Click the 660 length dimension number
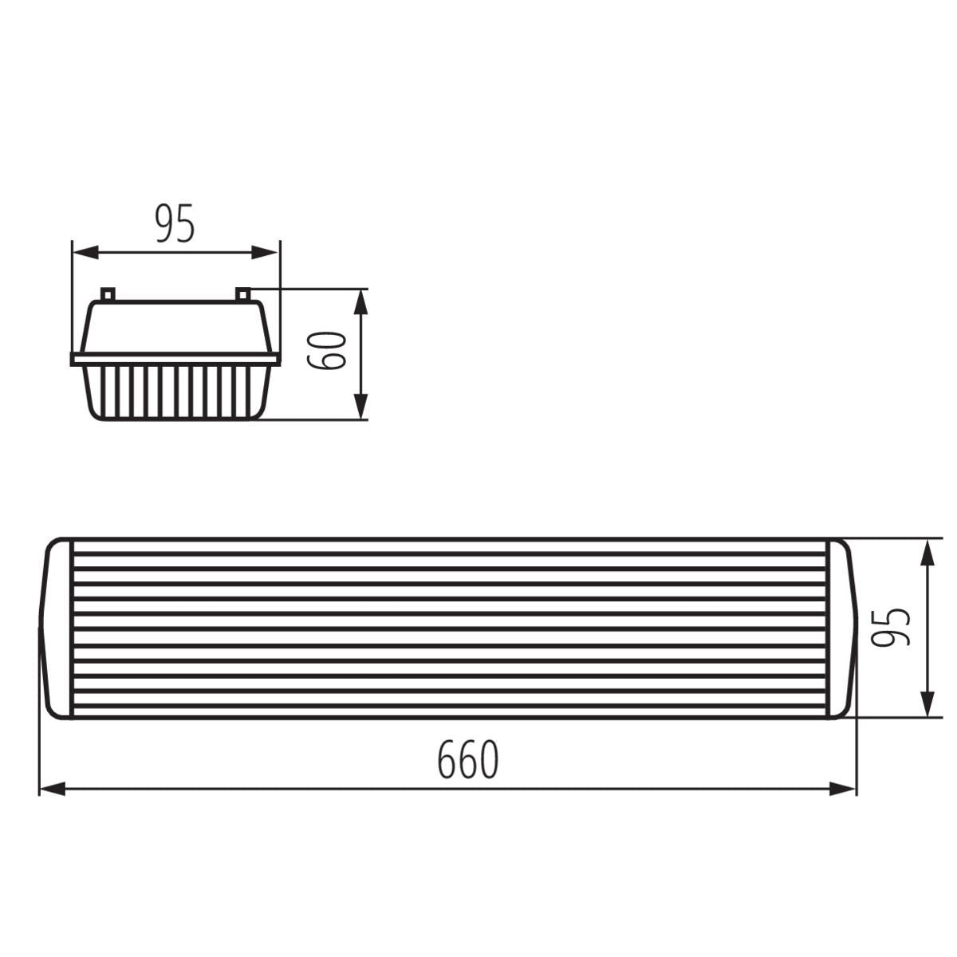pyautogui.click(x=467, y=760)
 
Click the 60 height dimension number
pyautogui.click(x=328, y=350)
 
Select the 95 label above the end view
pyautogui.click(x=175, y=224)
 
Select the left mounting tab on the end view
pyautogui.click(x=108, y=294)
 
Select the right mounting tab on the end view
pyautogui.click(x=243, y=294)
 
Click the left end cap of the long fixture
pyautogui.click(x=57, y=628)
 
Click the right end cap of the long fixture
pyautogui.click(x=841, y=628)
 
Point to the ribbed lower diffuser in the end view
pyautogui.click(x=175, y=392)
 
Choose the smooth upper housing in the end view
pyautogui.click(x=175, y=327)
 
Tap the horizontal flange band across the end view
pyautogui.click(x=175, y=359)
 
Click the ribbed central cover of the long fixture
pyautogui.click(x=451, y=628)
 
